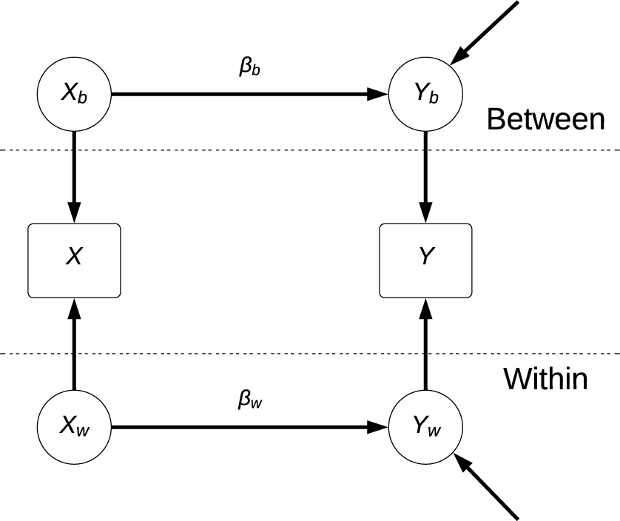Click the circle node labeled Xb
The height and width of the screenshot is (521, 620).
73,95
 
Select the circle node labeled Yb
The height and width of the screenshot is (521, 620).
425,95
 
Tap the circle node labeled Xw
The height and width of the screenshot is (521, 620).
73,427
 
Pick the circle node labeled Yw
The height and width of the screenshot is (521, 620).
425,427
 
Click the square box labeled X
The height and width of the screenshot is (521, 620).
73,260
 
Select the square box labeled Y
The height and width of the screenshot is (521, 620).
425,260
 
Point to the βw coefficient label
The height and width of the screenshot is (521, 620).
249,400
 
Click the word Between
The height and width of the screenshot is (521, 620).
545,118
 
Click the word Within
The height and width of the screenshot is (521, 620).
545,379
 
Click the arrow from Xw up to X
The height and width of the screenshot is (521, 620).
73,344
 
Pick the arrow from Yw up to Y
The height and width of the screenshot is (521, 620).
425,344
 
